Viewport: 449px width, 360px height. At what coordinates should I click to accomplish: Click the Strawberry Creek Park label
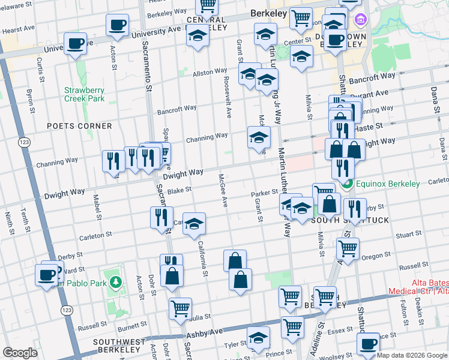(x=85, y=94)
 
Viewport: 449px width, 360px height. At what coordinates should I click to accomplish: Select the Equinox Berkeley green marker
(x=346, y=184)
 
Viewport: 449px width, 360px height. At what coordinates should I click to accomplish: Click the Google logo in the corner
(x=20, y=353)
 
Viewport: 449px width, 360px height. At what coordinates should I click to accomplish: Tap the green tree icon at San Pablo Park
(x=115, y=282)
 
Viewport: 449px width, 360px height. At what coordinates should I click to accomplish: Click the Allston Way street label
(x=209, y=72)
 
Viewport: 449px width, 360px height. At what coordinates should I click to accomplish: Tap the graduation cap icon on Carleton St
(x=193, y=224)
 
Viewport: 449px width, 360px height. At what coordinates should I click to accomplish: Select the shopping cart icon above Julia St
(x=179, y=308)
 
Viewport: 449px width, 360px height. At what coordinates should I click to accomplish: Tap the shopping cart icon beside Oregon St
(x=348, y=247)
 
